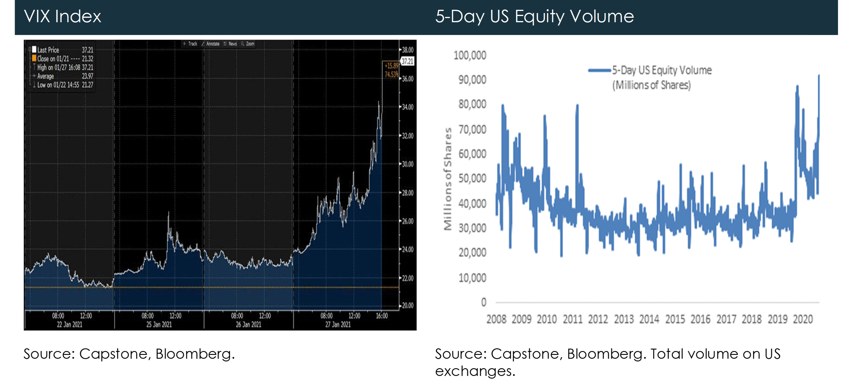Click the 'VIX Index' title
click(x=62, y=16)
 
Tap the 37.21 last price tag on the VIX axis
click(x=407, y=61)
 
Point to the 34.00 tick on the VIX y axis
click(x=408, y=107)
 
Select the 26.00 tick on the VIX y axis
click(x=408, y=221)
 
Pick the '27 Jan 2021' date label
click(x=338, y=324)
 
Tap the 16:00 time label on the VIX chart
click(x=382, y=316)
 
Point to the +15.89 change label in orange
click(x=391, y=66)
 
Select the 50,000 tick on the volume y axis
click(x=472, y=178)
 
